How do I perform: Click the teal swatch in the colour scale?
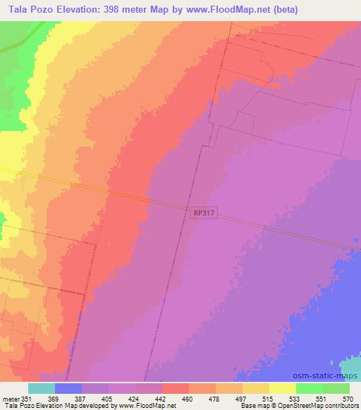coord(42,388)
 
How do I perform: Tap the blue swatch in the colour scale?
coord(68,388)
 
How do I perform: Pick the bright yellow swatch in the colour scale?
coord(282,388)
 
